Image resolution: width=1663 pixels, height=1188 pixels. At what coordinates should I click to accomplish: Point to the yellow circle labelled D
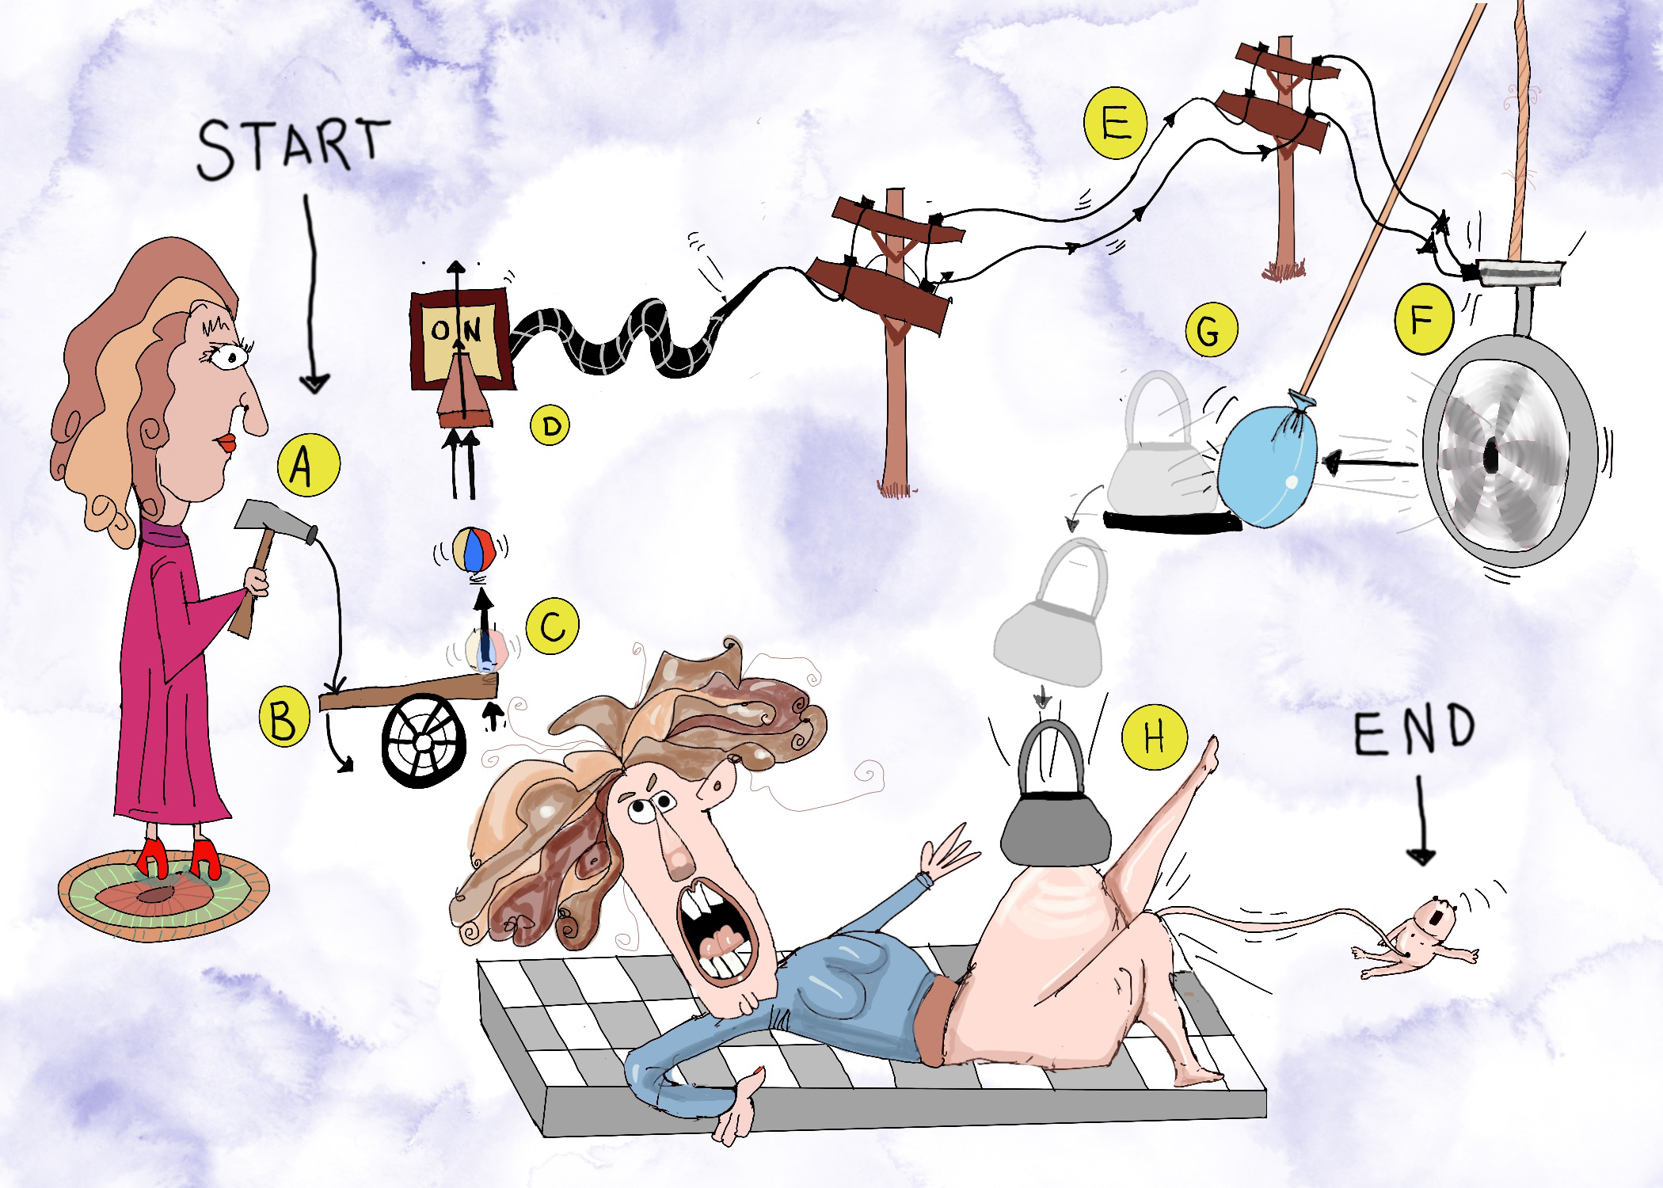coord(551,427)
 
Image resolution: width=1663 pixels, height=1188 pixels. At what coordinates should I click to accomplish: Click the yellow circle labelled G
coord(1207,333)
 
